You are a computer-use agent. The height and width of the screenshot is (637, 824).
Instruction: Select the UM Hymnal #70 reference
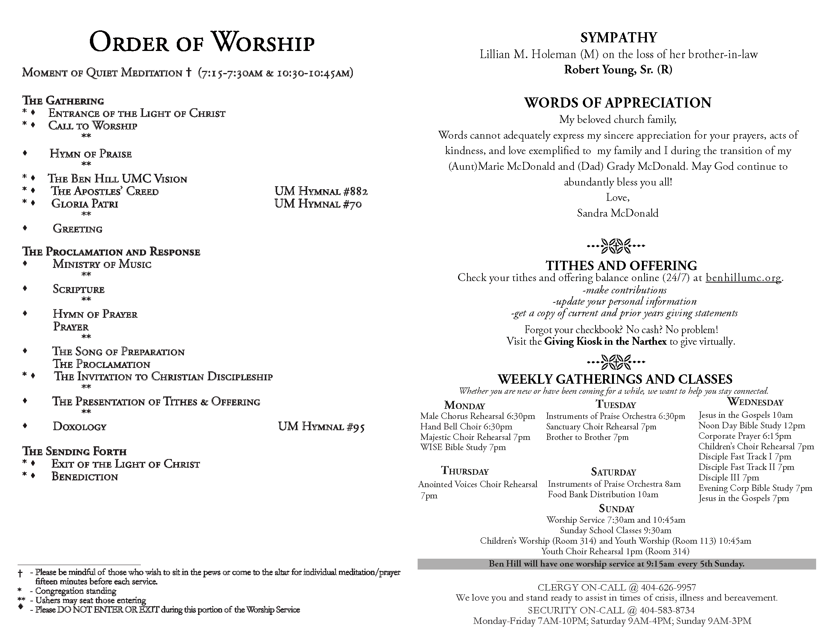(x=318, y=204)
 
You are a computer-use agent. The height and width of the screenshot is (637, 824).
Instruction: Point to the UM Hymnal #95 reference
(x=321, y=426)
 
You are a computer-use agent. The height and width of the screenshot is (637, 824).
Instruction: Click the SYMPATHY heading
(x=618, y=38)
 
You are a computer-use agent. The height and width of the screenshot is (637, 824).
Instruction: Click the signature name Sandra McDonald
(x=618, y=213)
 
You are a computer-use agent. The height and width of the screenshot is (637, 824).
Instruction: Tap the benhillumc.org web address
(x=743, y=278)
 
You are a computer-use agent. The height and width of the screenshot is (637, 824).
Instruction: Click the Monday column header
(x=464, y=405)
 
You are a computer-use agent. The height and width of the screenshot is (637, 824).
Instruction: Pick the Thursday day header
(x=465, y=471)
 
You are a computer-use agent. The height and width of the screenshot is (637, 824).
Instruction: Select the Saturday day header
(x=614, y=472)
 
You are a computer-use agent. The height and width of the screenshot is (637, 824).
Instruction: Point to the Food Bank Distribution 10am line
(x=603, y=494)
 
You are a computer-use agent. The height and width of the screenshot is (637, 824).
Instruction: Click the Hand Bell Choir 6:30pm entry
(x=466, y=427)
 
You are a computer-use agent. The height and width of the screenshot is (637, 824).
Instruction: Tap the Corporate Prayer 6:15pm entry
(x=744, y=436)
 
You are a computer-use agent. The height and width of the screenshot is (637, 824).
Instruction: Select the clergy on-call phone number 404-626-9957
(x=668, y=588)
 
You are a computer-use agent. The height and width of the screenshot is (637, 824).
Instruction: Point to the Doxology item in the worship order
(x=80, y=426)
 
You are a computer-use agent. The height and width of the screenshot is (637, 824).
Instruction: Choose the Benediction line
(x=85, y=477)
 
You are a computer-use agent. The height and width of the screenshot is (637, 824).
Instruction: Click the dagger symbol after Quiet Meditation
(x=189, y=72)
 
